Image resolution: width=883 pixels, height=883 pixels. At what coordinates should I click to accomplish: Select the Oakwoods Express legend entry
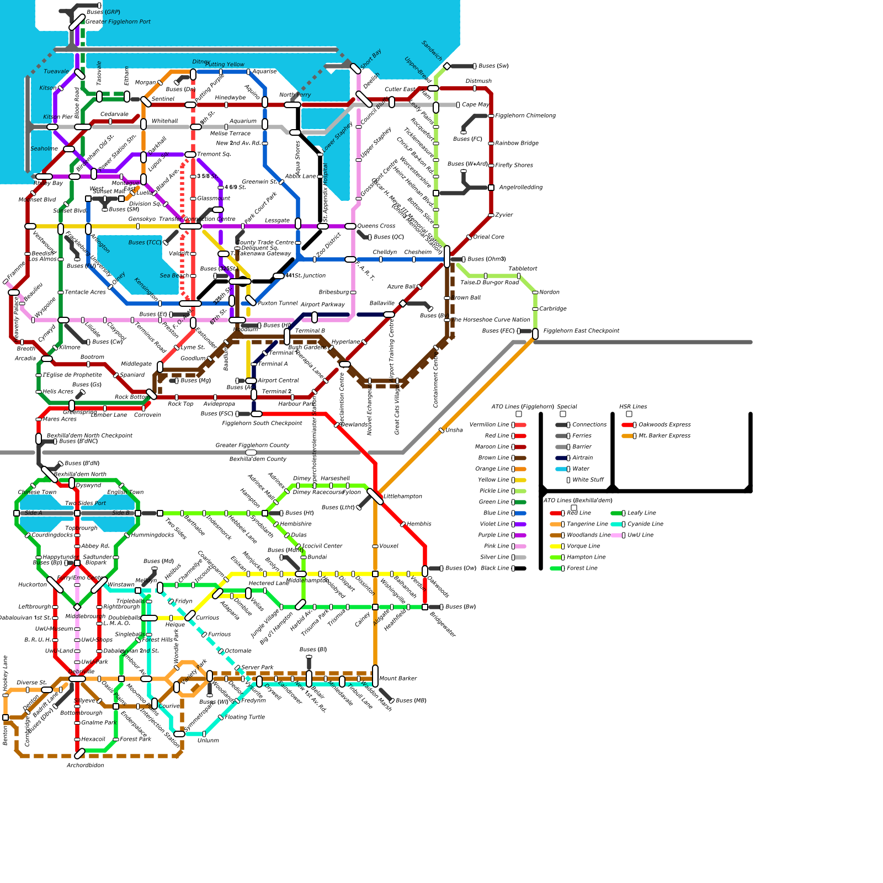point(664,425)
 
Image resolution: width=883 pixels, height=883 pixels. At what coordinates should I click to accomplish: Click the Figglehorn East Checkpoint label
point(581,331)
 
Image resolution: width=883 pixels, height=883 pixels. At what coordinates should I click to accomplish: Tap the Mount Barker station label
point(397,679)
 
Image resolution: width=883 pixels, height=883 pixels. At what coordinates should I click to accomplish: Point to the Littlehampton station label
point(402,497)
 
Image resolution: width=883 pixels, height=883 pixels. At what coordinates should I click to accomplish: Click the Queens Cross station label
point(376,226)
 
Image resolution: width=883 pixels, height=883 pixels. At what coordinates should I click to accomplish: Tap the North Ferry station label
point(295,95)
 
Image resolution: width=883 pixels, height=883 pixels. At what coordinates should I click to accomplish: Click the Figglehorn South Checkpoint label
point(262,423)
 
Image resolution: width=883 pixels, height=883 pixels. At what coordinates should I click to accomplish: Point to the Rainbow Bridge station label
point(517,143)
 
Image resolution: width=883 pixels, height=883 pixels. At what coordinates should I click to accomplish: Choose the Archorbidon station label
point(85,765)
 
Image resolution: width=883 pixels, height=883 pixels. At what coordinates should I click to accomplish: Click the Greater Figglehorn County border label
point(252,445)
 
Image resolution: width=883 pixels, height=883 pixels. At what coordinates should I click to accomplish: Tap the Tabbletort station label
point(523,269)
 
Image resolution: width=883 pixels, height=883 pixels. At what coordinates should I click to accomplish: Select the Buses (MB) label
point(411,701)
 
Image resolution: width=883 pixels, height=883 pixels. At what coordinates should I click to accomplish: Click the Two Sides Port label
point(85,503)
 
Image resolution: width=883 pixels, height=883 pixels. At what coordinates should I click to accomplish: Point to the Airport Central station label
point(278,381)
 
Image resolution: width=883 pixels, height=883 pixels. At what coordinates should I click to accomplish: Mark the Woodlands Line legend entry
point(588,535)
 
